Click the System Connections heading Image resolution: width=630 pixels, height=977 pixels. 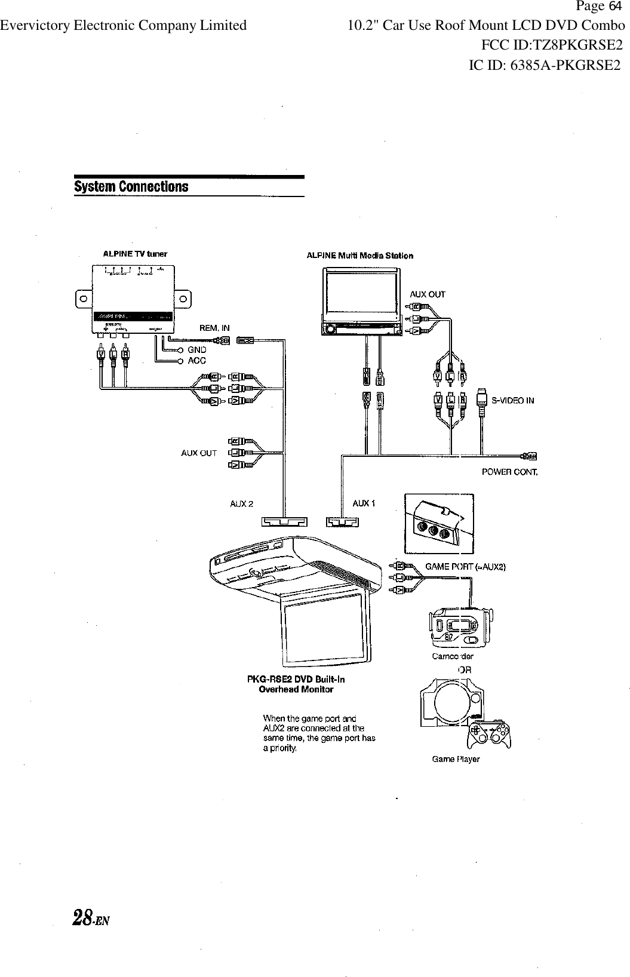tap(131, 187)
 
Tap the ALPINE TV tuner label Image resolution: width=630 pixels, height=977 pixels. tap(135, 253)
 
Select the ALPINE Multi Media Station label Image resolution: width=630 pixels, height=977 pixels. tap(359, 256)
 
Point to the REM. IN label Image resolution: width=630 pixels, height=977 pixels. tap(214, 328)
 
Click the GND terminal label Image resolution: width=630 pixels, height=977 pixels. tap(197, 349)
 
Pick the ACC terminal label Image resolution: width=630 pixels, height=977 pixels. tap(197, 361)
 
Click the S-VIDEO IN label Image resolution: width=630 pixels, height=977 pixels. tap(512, 401)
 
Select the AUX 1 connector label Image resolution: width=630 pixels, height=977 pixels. tap(364, 503)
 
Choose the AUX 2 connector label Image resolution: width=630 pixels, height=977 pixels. tap(242, 503)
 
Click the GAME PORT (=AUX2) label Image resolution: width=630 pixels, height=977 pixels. tap(465, 567)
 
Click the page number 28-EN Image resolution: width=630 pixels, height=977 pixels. tap(93, 917)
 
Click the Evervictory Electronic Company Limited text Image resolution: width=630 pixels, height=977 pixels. tap(123, 26)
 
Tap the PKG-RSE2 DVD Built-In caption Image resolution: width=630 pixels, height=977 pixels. tap(296, 679)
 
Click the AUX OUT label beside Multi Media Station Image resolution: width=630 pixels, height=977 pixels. tap(427, 294)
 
